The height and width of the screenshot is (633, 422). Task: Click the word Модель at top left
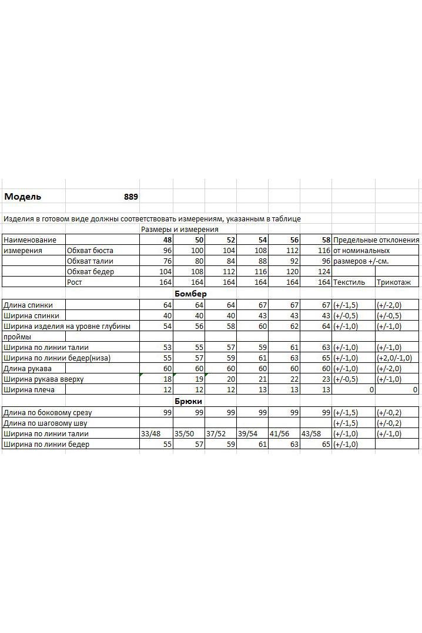[23, 197]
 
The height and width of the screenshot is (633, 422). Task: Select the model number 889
[131, 197]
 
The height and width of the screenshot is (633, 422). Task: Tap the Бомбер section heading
[190, 294]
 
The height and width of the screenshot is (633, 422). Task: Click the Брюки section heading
[189, 400]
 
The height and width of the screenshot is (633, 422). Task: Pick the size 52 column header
[230, 240]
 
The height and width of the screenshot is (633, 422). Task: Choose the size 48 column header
[168, 240]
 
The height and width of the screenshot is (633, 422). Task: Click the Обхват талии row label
[90, 261]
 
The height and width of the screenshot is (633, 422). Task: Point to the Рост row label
[75, 282]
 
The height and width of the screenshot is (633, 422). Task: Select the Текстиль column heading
[349, 282]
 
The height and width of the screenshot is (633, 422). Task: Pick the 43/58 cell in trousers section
[312, 434]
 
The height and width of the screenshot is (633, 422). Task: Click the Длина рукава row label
[28, 369]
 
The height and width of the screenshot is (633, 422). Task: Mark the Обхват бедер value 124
[323, 272]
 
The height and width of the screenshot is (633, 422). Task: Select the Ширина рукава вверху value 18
[167, 379]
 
